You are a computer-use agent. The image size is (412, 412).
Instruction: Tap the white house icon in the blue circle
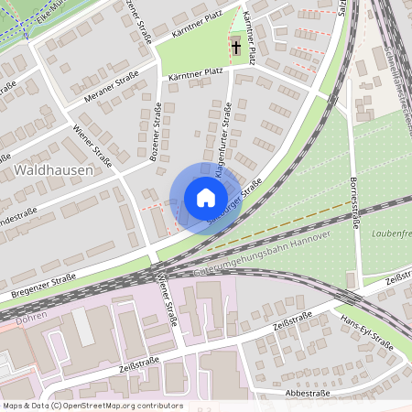click(205, 197)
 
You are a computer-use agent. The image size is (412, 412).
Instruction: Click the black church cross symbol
click(236, 47)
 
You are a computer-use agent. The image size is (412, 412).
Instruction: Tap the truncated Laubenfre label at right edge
click(392, 234)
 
